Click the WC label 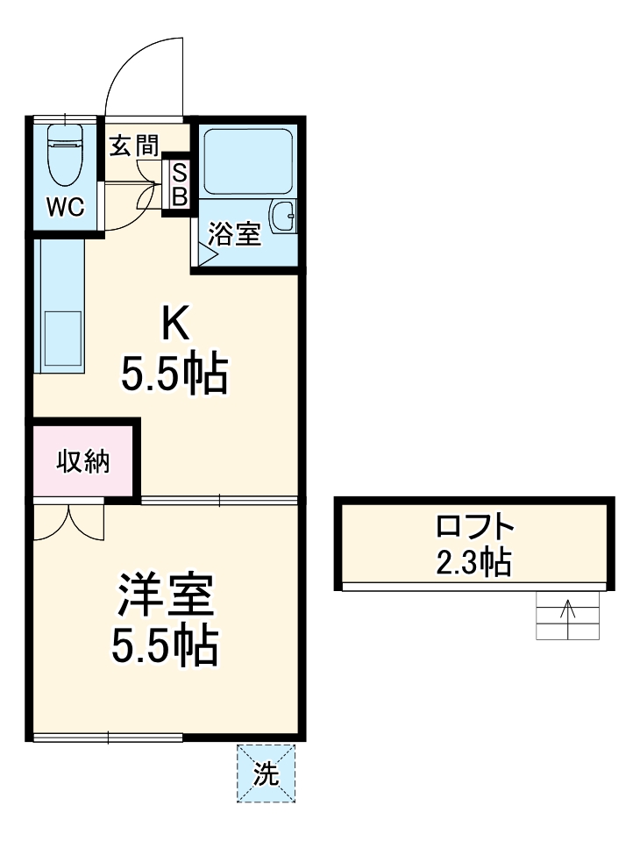point(65,208)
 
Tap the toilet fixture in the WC point(63,153)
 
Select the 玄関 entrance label point(133,145)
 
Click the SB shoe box point(178,185)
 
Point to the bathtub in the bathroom point(247,162)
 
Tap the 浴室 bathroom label point(235,234)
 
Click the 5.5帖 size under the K point(174,375)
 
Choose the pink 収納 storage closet point(84,461)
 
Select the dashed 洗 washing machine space point(266,773)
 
